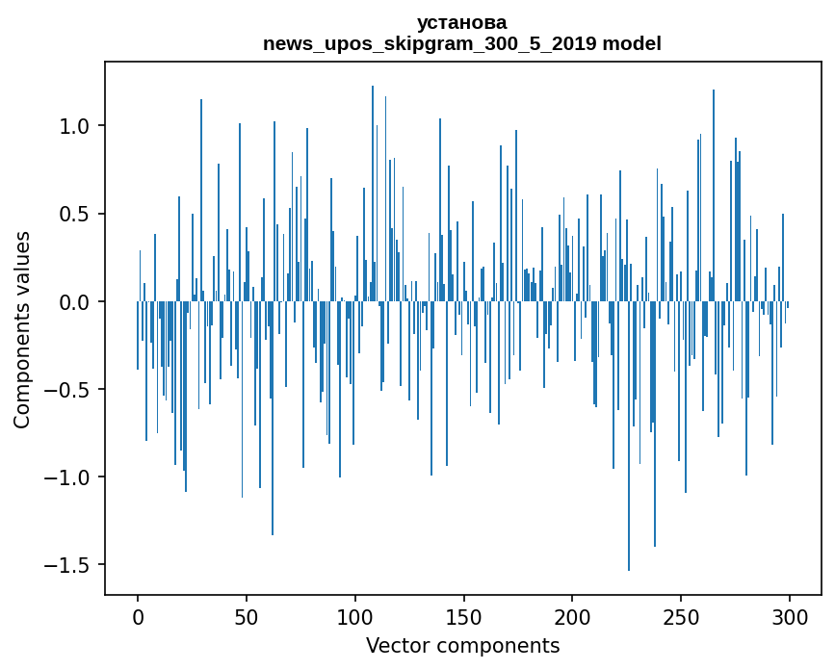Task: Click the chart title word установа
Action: click(x=461, y=22)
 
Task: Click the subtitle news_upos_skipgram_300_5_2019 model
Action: click(x=461, y=43)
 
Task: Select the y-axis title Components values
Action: click(x=21, y=329)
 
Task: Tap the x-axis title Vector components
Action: click(x=462, y=645)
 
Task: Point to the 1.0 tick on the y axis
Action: click(x=76, y=126)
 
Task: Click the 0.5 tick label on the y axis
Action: click(x=76, y=214)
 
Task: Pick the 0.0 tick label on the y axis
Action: click(x=76, y=302)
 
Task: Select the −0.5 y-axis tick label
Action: click(x=70, y=390)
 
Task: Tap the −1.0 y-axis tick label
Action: click(x=70, y=477)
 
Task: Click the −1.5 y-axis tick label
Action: click(x=70, y=565)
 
